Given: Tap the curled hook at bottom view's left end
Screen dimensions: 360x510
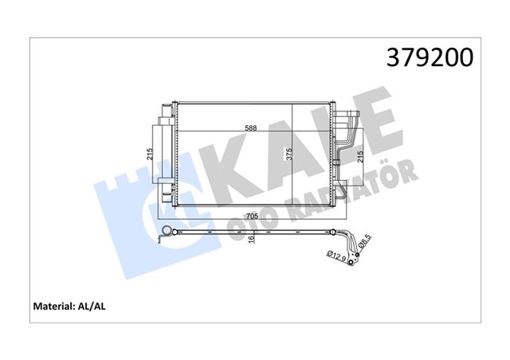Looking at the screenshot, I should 164,232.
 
